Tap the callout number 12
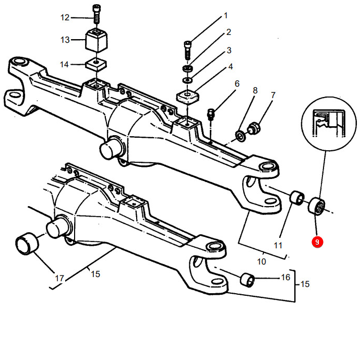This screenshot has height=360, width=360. point(65,18)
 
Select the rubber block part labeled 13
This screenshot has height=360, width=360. point(96,40)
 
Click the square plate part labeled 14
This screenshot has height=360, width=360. point(95,64)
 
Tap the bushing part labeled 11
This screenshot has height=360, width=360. point(297,198)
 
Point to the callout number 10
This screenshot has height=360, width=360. point(262,260)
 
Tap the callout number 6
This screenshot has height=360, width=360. point(236,83)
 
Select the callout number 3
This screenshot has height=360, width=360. point(229,51)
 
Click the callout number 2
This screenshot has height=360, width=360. point(228,32)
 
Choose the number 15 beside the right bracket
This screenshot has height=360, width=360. point(305,284)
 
